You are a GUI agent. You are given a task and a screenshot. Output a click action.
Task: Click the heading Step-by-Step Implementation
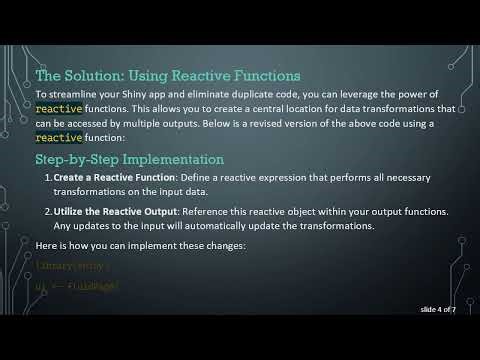[129, 159]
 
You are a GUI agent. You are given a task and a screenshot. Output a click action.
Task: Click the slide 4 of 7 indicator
[437, 310]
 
